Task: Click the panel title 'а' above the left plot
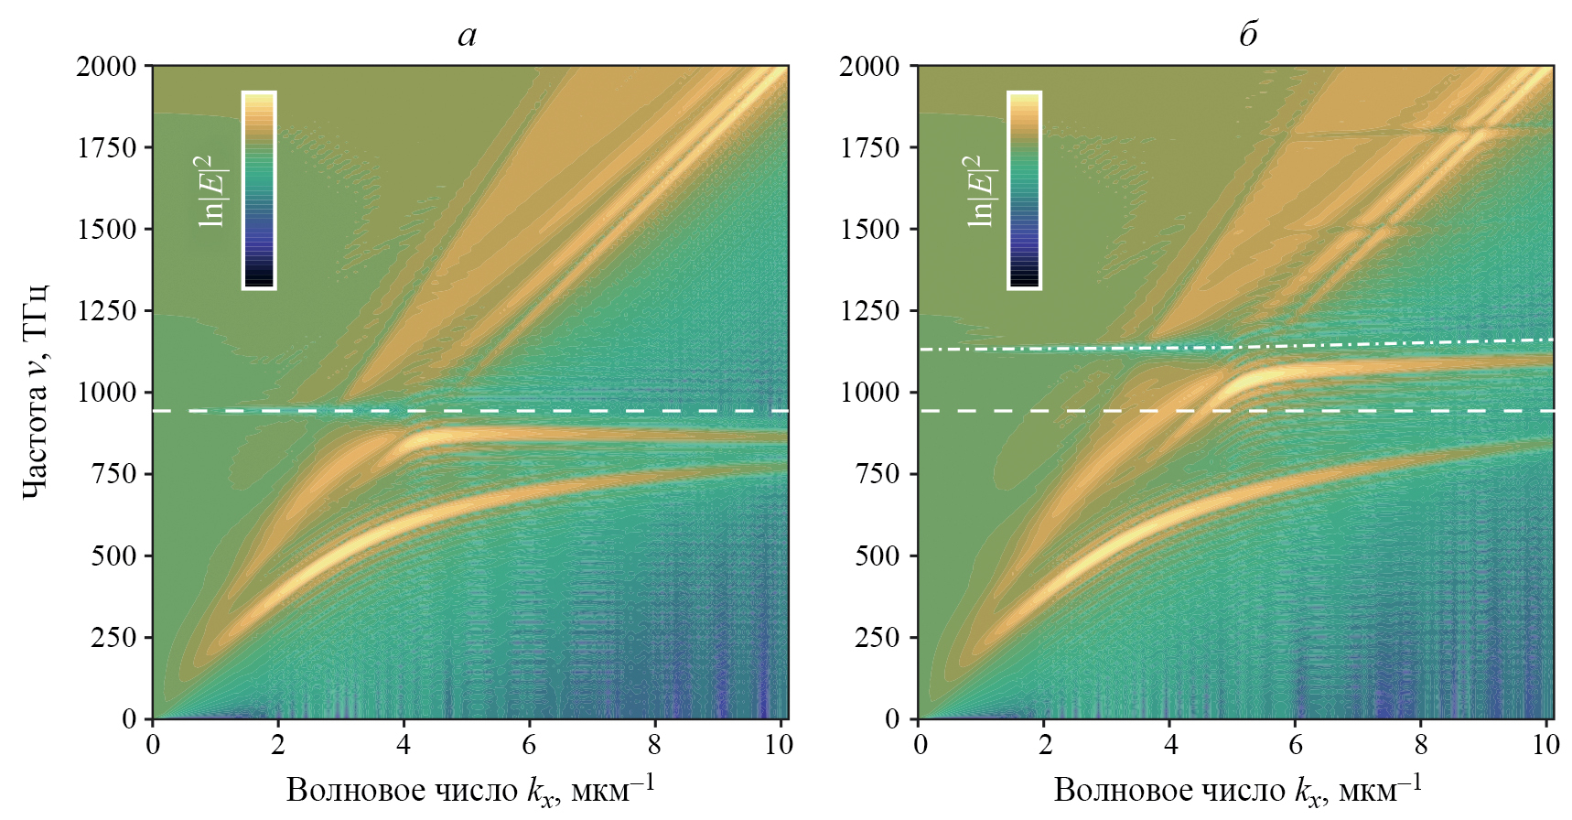(467, 36)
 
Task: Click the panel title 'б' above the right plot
(1248, 35)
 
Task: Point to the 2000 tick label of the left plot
(106, 66)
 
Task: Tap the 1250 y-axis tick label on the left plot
(106, 311)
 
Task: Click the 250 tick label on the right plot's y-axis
(877, 638)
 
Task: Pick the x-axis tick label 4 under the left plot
(404, 745)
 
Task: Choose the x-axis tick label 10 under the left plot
(779, 745)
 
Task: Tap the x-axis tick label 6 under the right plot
(1295, 745)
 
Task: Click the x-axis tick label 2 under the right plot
(1045, 745)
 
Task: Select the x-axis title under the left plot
(470, 789)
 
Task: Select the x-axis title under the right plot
(1237, 789)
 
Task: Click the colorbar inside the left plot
(259, 190)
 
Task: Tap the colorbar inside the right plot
(1024, 190)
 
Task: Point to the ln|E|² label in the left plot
(214, 190)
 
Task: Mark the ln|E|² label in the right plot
(981, 190)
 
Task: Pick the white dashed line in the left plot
(549, 411)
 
